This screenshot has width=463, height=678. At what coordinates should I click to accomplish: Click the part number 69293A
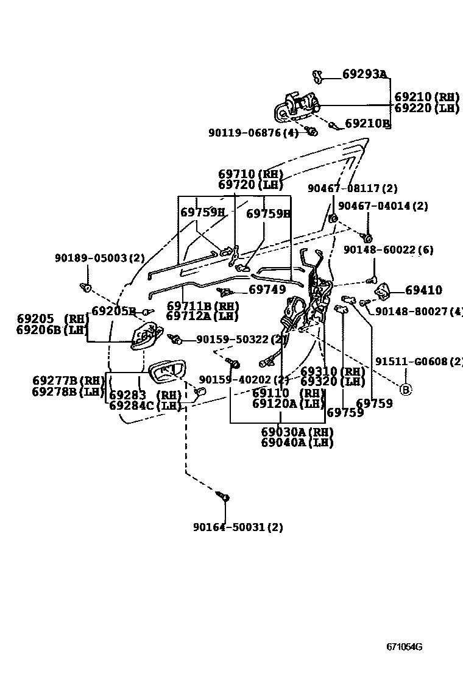pos(364,74)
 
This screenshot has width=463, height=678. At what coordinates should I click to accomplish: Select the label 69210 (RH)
pos(426,97)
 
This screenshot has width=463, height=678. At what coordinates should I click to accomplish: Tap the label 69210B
pos(367,123)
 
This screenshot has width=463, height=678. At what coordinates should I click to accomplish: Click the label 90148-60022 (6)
pos(387,249)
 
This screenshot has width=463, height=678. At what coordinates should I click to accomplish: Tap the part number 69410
pos(424,290)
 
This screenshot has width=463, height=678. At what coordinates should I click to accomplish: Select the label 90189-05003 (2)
pos(100,258)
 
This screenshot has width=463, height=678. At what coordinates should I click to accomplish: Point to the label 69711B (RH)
pos(202,305)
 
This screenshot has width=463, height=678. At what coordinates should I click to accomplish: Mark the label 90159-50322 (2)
pos(241,339)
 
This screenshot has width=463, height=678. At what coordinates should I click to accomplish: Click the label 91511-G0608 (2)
pos(419,362)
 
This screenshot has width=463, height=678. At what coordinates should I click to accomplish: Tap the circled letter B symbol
pos(405,388)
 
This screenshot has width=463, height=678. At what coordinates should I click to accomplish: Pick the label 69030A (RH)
pos(297,432)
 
